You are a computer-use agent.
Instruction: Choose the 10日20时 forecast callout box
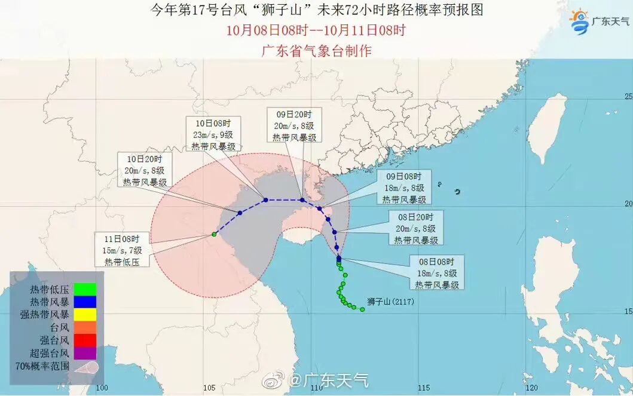click(145, 170)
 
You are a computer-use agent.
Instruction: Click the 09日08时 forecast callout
click(405, 188)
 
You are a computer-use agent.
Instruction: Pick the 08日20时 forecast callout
click(417, 228)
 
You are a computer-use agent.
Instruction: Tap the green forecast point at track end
click(213, 234)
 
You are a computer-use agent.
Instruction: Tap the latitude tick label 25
click(628, 96)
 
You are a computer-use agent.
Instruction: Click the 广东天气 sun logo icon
click(579, 22)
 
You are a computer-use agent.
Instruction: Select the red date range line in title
click(316, 30)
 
